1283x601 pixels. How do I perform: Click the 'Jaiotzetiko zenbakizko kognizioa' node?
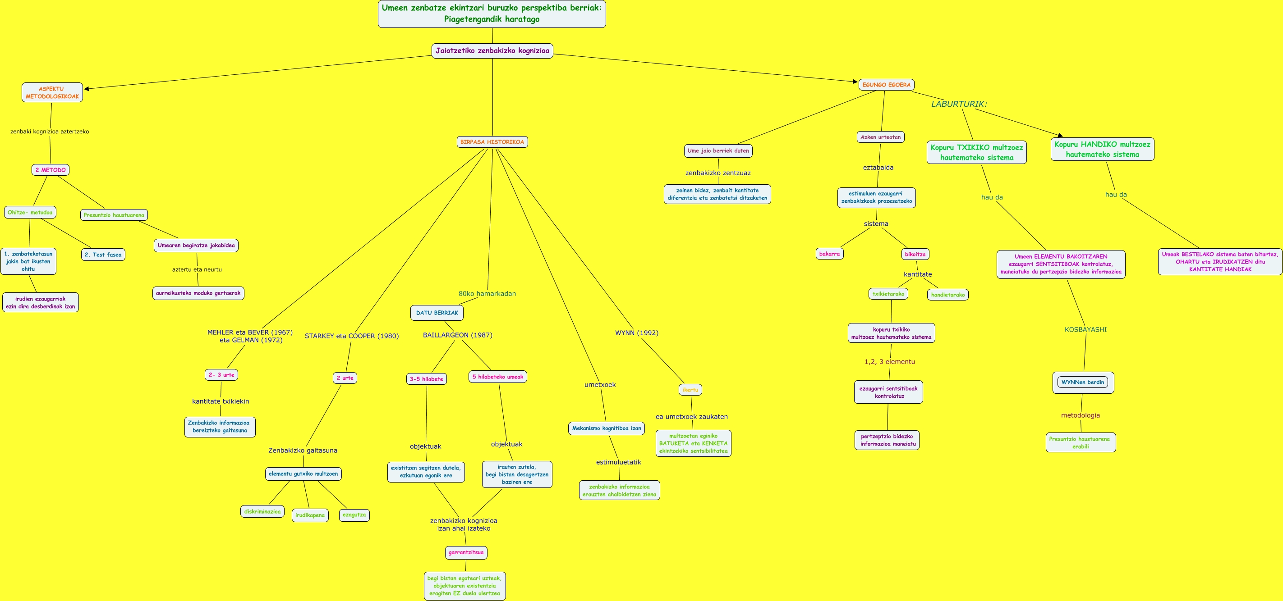[492, 51]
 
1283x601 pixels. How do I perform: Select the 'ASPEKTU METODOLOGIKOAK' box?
[52, 92]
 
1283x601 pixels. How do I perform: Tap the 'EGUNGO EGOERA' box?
[886, 85]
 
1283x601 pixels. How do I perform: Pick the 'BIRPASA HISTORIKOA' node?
[492, 142]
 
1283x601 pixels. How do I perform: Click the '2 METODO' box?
[51, 170]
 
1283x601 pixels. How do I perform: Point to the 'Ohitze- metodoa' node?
[30, 213]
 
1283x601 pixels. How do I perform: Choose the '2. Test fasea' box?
[103, 255]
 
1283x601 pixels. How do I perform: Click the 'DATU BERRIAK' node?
[437, 313]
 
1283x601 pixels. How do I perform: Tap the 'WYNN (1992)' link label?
[636, 333]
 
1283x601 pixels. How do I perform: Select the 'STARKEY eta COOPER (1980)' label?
[352, 336]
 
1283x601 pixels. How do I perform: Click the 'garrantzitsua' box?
[466, 552]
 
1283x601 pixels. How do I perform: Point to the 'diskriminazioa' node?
[262, 511]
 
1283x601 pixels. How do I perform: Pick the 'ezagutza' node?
[354, 515]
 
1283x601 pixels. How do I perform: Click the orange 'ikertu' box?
[690, 390]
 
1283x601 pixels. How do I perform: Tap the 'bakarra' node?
[829, 254]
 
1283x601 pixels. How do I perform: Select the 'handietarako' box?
[948, 295]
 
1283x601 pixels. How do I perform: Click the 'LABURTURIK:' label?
[959, 104]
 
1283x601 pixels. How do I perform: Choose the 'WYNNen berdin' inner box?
[1083, 382]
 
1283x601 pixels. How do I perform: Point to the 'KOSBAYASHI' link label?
[1085, 329]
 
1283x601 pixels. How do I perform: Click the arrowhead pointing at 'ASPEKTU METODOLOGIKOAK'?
[87, 89]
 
